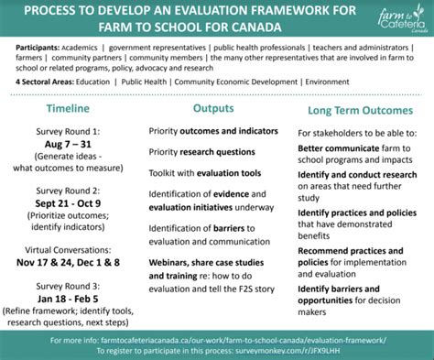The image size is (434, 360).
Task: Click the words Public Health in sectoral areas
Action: [147, 81]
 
